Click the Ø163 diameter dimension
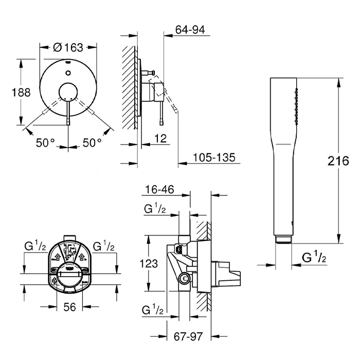coord(68,48)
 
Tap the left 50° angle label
coord(45,143)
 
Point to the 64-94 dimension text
coord(190,30)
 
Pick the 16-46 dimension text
coord(159,190)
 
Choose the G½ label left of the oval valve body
coord(36,246)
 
